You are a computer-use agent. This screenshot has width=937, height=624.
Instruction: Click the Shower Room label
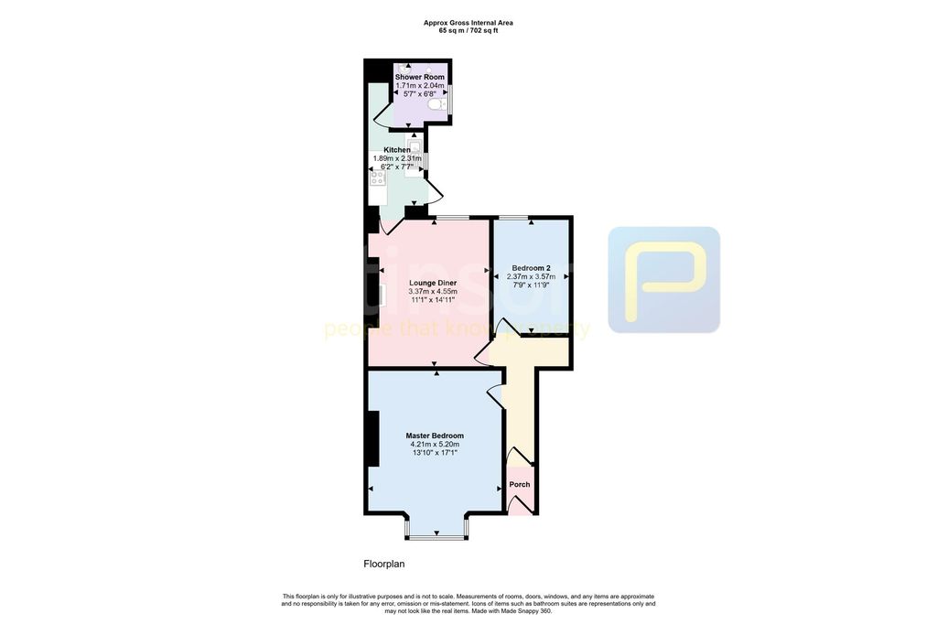[420, 77]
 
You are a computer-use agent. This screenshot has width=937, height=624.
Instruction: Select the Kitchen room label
[397, 149]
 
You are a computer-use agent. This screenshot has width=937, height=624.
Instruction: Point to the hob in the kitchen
[378, 178]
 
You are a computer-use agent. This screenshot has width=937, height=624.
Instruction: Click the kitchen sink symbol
[415, 146]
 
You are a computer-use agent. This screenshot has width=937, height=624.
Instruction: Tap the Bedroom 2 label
[531, 268]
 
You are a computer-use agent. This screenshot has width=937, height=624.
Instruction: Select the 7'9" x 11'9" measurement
[531, 285]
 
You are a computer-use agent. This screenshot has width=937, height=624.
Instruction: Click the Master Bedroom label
[435, 436]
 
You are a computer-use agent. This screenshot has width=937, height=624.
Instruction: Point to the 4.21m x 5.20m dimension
[435, 444]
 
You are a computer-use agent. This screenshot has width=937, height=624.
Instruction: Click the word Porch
[520, 484]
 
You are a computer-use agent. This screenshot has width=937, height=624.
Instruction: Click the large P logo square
[663, 279]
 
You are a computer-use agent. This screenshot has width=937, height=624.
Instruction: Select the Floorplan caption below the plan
[383, 564]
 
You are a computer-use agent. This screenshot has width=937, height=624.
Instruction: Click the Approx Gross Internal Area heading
[468, 23]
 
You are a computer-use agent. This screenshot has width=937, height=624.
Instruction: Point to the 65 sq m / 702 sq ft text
[468, 30]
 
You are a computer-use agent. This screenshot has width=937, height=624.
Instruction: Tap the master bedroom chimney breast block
[372, 439]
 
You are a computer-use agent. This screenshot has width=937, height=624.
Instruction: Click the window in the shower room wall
[450, 97]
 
